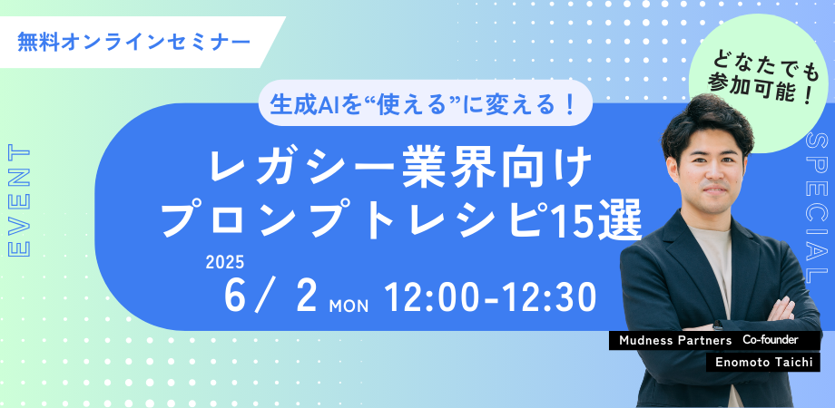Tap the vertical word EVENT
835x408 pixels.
(x=20, y=201)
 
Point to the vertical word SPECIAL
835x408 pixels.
(x=818, y=208)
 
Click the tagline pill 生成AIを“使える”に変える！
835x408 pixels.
(x=425, y=103)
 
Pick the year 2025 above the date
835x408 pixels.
(x=224, y=263)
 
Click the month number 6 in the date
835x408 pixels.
(x=234, y=296)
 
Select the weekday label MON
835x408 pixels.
(x=349, y=306)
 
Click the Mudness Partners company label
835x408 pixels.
(x=675, y=341)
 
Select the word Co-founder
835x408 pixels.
(x=770, y=340)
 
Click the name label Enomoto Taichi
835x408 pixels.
(x=764, y=363)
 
